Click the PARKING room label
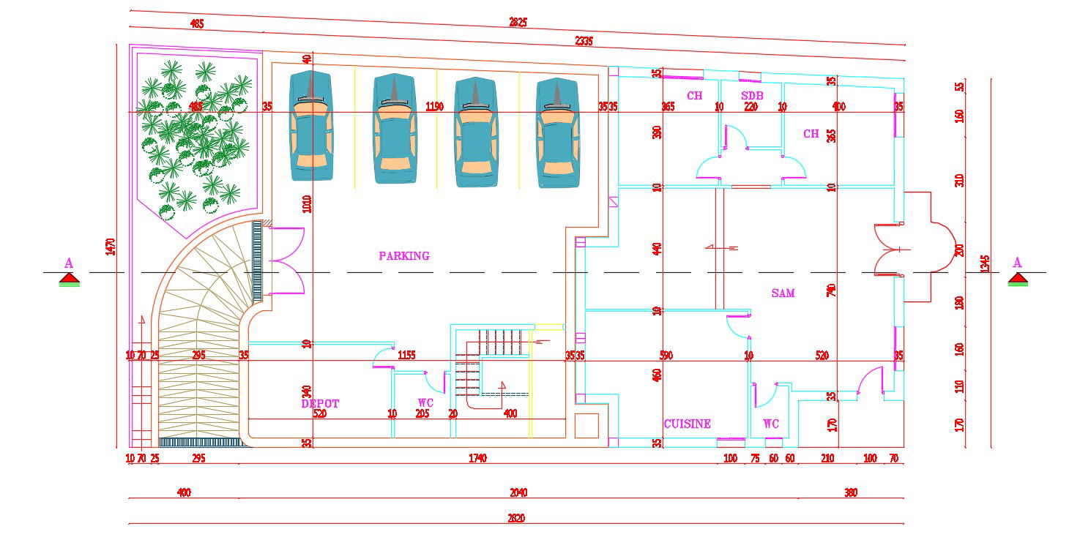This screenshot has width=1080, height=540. point(404,256)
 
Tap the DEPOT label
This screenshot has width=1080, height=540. point(320,403)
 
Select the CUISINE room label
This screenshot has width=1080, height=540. point(687,424)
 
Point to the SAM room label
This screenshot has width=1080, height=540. point(783,293)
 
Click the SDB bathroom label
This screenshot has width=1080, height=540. point(752,96)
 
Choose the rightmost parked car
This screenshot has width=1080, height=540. point(557,132)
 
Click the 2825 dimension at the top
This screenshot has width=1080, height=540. point(518,22)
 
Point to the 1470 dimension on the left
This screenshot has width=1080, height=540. point(111,247)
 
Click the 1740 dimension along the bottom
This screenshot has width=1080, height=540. point(477,459)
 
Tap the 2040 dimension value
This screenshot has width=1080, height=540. point(518,492)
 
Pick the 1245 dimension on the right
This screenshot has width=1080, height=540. point(985,263)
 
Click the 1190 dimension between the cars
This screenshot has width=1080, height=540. point(434,107)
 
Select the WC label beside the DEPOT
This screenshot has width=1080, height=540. point(425,402)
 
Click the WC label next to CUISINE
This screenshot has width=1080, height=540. point(770,424)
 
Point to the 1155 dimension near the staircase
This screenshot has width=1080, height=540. point(406,356)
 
